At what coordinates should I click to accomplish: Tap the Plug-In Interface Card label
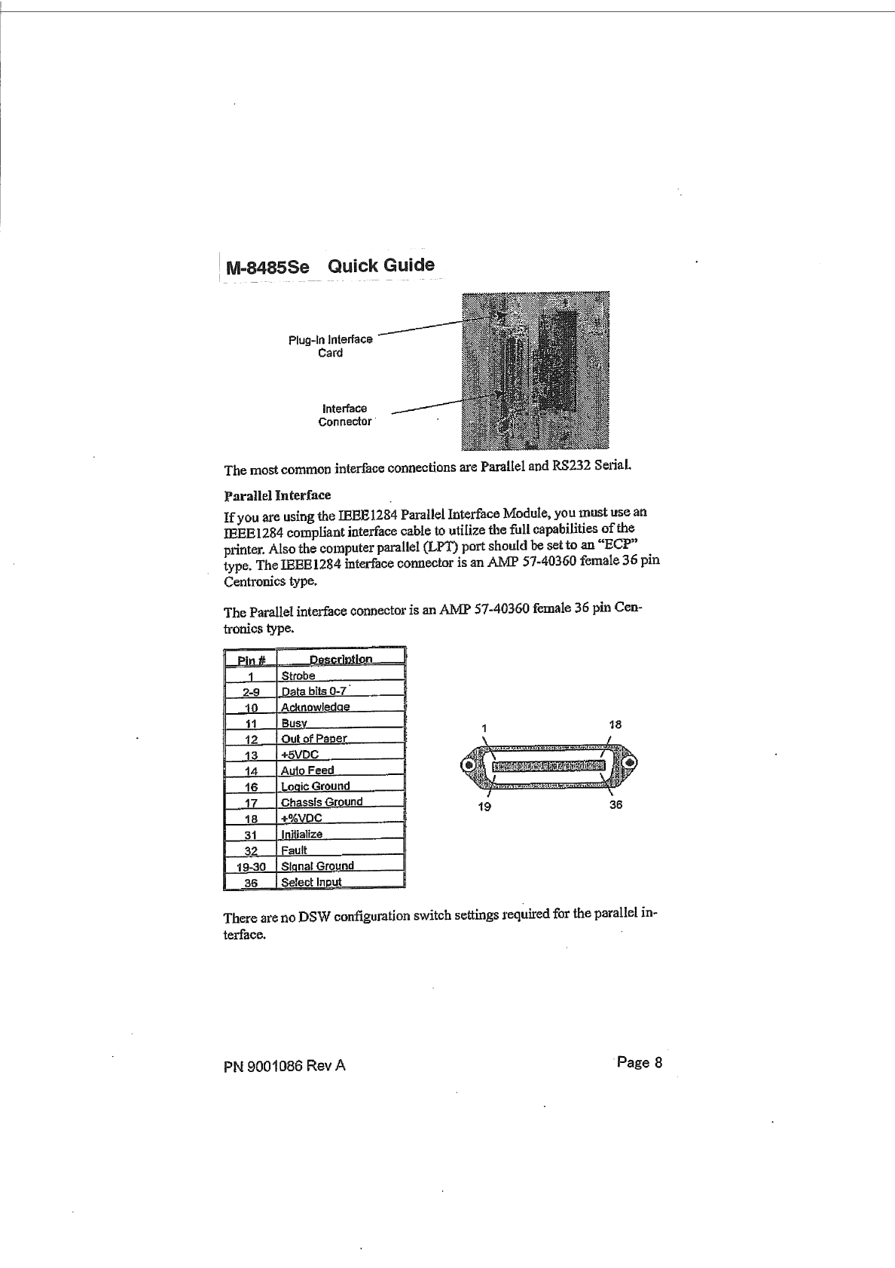pos(331,346)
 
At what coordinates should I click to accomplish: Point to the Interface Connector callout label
pos(345,415)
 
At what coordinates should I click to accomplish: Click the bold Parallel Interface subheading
pos(277,495)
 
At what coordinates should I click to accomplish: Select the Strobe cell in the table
pos(298,675)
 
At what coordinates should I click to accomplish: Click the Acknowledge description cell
pos(315,707)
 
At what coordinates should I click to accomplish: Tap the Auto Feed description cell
pos(307,770)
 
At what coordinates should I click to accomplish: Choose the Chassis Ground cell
pos(322,802)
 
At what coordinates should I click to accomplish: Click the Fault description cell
pos(294,850)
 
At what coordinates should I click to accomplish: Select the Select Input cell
pos(311,882)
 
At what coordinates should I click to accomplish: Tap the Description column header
pos(341,660)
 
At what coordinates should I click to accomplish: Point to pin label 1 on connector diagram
pos(485,727)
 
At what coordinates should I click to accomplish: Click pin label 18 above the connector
pos(615,724)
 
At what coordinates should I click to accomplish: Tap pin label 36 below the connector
pos(616,804)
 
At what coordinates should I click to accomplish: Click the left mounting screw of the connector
pos(470,764)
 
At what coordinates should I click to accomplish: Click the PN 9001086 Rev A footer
pos(285,1066)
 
